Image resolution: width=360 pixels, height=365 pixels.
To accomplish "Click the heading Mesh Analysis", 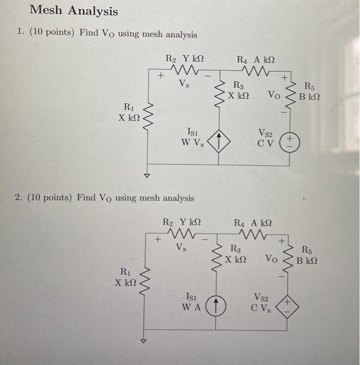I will click(x=74, y=11).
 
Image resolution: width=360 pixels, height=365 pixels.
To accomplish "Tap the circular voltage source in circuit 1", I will click(x=289, y=140).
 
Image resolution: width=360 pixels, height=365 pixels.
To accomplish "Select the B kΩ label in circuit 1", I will click(x=309, y=96).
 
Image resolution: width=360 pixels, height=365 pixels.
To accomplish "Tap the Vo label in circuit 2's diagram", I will click(x=271, y=258).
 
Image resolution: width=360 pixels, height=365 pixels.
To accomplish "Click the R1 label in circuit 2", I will click(x=126, y=272).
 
